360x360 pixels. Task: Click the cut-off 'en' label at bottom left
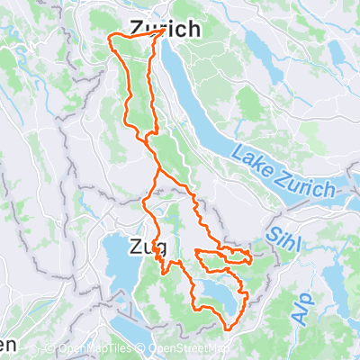tap(7, 345)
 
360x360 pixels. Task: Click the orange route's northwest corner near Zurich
tap(110, 37)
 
